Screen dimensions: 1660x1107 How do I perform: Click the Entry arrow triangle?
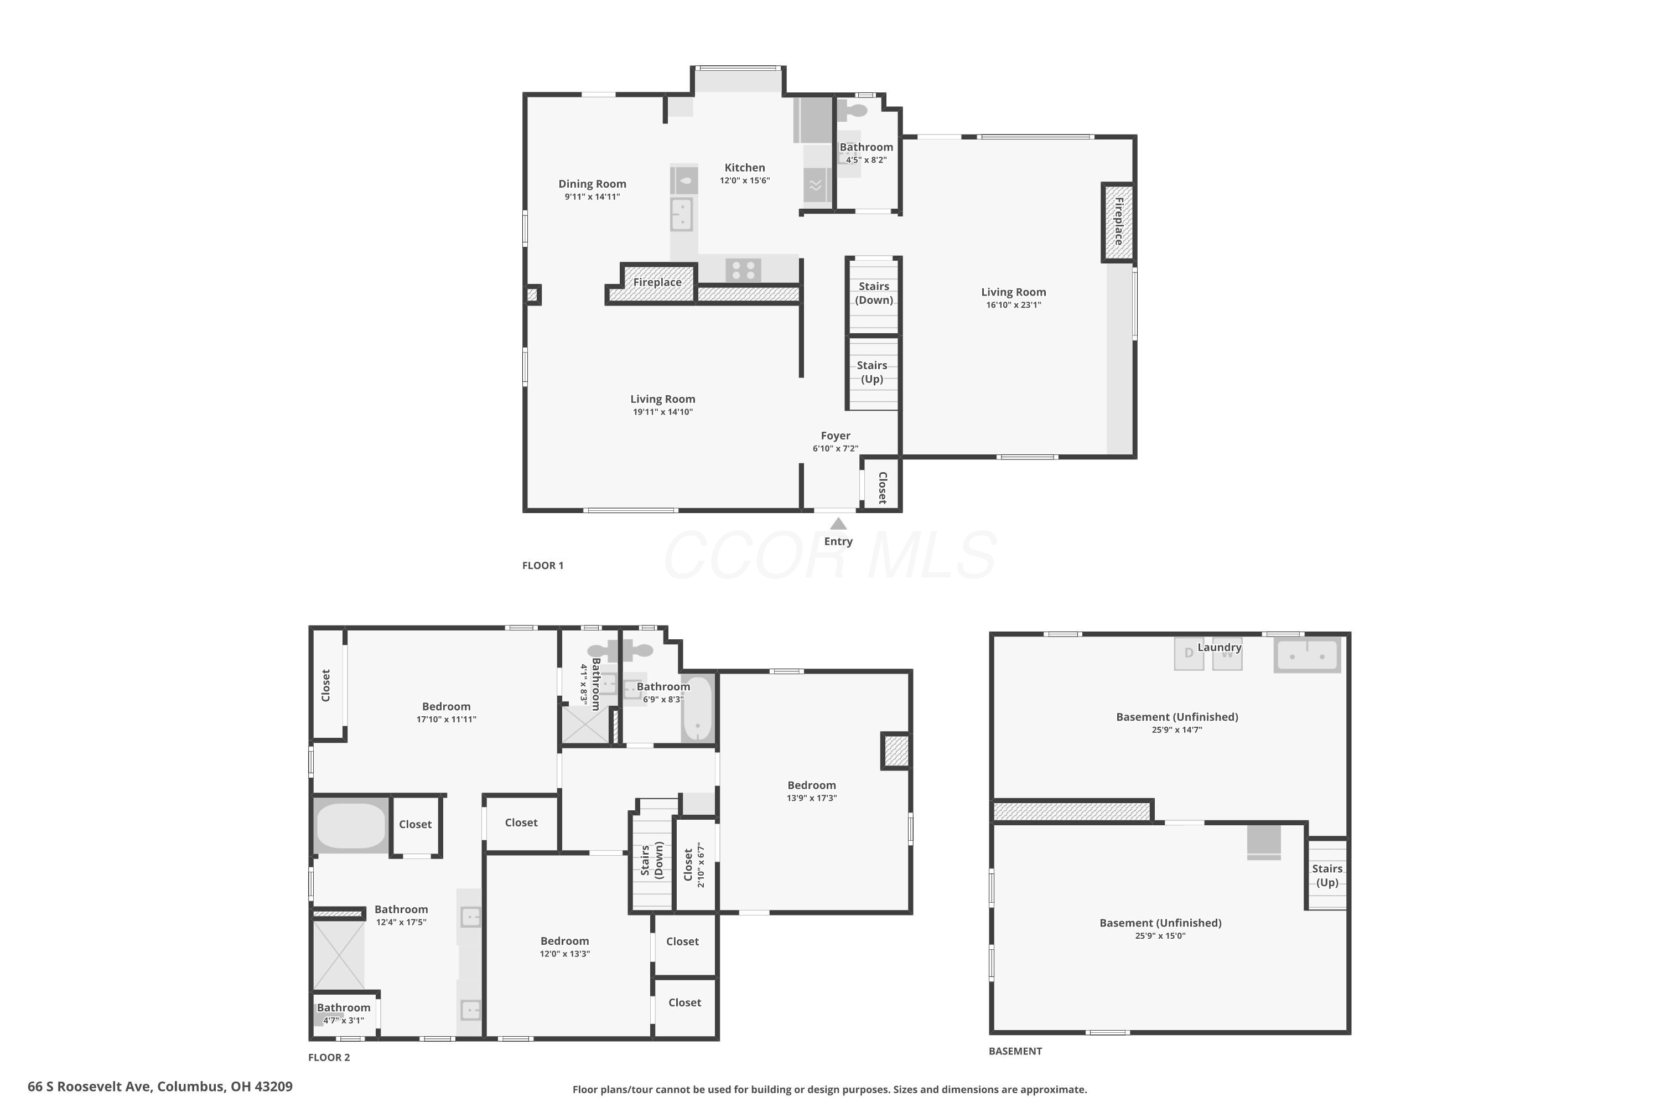pos(838,523)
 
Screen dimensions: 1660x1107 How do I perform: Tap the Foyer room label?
pos(835,436)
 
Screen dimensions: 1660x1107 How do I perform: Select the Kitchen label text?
pos(745,167)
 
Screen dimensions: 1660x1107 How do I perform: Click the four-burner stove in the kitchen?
pos(743,270)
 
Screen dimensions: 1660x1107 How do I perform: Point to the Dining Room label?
pos(592,184)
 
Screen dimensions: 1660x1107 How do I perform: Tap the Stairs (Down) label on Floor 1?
pos(874,293)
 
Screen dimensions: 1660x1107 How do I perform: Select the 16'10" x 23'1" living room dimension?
pos(1014,305)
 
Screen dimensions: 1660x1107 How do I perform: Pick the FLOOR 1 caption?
pos(543,566)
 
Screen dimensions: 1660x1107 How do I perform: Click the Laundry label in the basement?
pos(1220,648)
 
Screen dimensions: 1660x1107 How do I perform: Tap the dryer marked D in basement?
pos(1189,654)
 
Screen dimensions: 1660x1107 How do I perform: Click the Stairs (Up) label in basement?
pos(1327,876)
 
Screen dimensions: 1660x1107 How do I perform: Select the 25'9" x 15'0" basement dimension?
pos(1160,936)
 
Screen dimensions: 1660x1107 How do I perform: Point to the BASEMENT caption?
pos(1015,1051)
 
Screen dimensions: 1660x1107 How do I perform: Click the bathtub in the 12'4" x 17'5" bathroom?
pos(351,825)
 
